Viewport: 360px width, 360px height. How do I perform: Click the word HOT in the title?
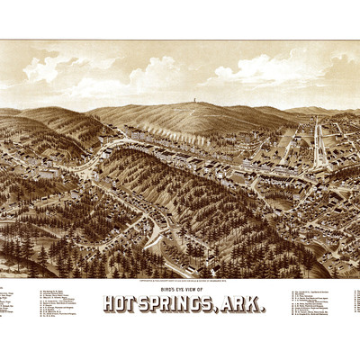tap(119, 305)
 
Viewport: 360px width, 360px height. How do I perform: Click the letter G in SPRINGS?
tap(205, 305)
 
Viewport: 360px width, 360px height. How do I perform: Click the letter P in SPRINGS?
tap(148, 305)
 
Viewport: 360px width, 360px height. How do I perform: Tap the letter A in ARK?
tap(233, 305)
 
